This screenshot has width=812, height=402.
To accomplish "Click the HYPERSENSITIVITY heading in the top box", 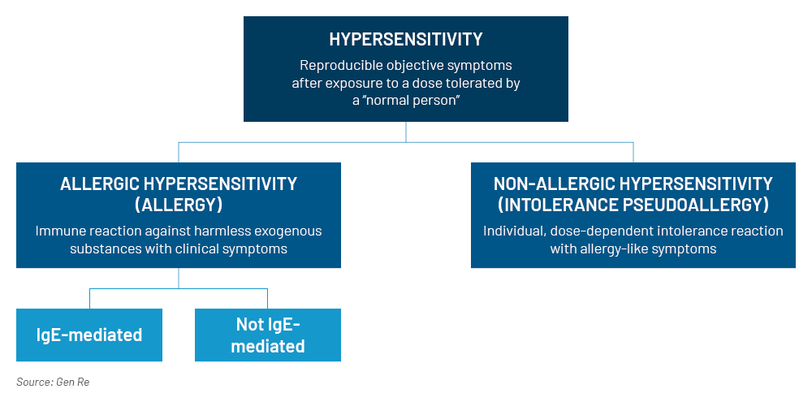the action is point(405,39).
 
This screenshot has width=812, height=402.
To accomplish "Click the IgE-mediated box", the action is point(89,335).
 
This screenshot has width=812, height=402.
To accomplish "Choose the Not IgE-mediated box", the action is point(268,335).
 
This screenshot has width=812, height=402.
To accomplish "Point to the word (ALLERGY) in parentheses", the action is point(179,205).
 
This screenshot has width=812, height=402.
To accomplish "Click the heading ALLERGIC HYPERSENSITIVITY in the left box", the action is point(179,184).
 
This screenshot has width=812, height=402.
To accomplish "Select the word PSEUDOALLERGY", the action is point(694,205).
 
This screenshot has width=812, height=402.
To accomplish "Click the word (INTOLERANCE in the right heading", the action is point(556,205).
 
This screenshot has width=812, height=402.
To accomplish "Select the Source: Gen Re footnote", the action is point(53,383).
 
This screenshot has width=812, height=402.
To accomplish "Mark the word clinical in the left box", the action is point(200,249).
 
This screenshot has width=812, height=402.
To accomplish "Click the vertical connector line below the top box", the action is point(406,132).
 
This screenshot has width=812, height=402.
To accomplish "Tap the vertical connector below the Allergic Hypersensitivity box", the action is point(179,279).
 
